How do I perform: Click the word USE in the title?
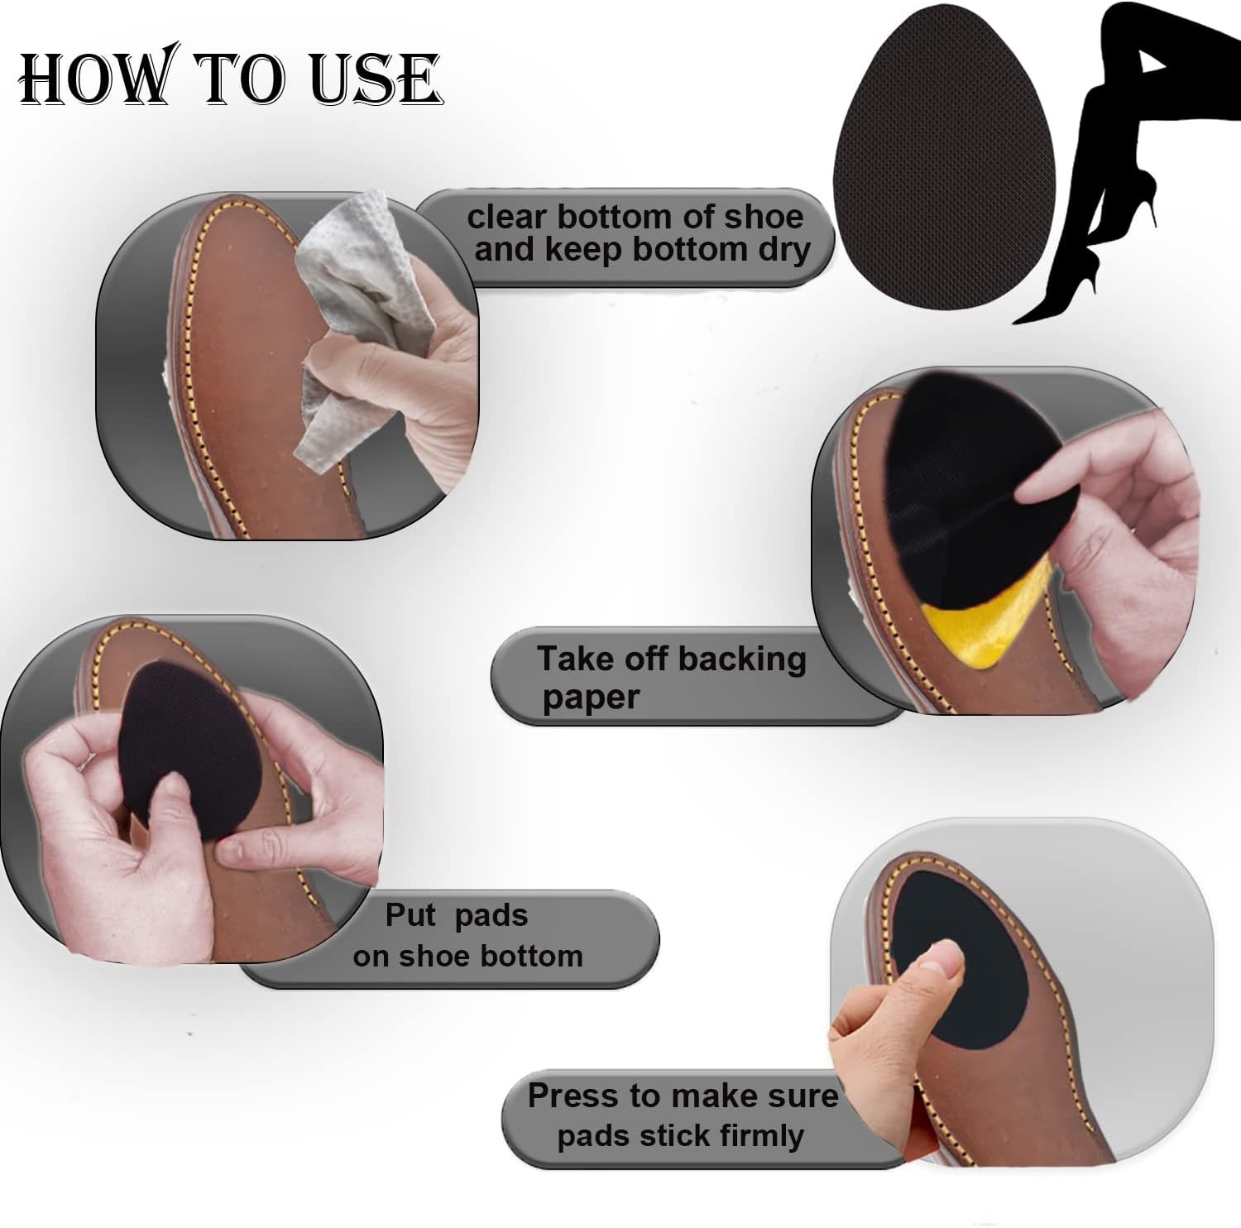376,79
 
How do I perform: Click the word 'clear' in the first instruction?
507,218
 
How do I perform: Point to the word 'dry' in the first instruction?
783,250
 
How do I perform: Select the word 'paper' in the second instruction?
591,698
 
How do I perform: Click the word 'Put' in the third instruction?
410,915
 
